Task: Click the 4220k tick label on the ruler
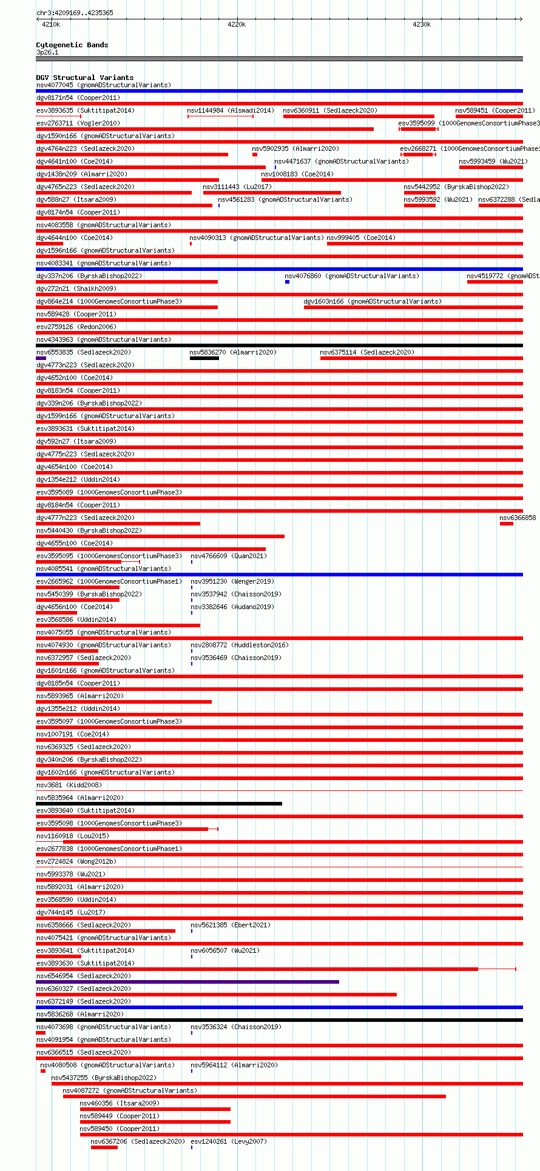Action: [237, 24]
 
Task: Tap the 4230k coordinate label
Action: [422, 24]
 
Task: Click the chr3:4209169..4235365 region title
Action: [75, 13]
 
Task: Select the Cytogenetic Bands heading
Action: [72, 45]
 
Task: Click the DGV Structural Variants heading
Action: [84, 78]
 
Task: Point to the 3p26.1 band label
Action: [47, 52]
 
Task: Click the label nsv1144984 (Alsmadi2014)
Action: [231, 110]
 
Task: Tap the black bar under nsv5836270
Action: [204, 358]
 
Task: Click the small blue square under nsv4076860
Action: [287, 282]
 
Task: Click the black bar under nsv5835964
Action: [159, 804]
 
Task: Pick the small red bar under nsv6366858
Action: [506, 524]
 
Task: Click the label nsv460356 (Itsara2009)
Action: [120, 1103]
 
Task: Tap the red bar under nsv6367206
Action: [104, 1147]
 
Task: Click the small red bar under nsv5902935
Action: [255, 155]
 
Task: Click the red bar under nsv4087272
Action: [254, 1096]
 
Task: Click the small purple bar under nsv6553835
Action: [41, 358]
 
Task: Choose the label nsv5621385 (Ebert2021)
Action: [231, 925]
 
